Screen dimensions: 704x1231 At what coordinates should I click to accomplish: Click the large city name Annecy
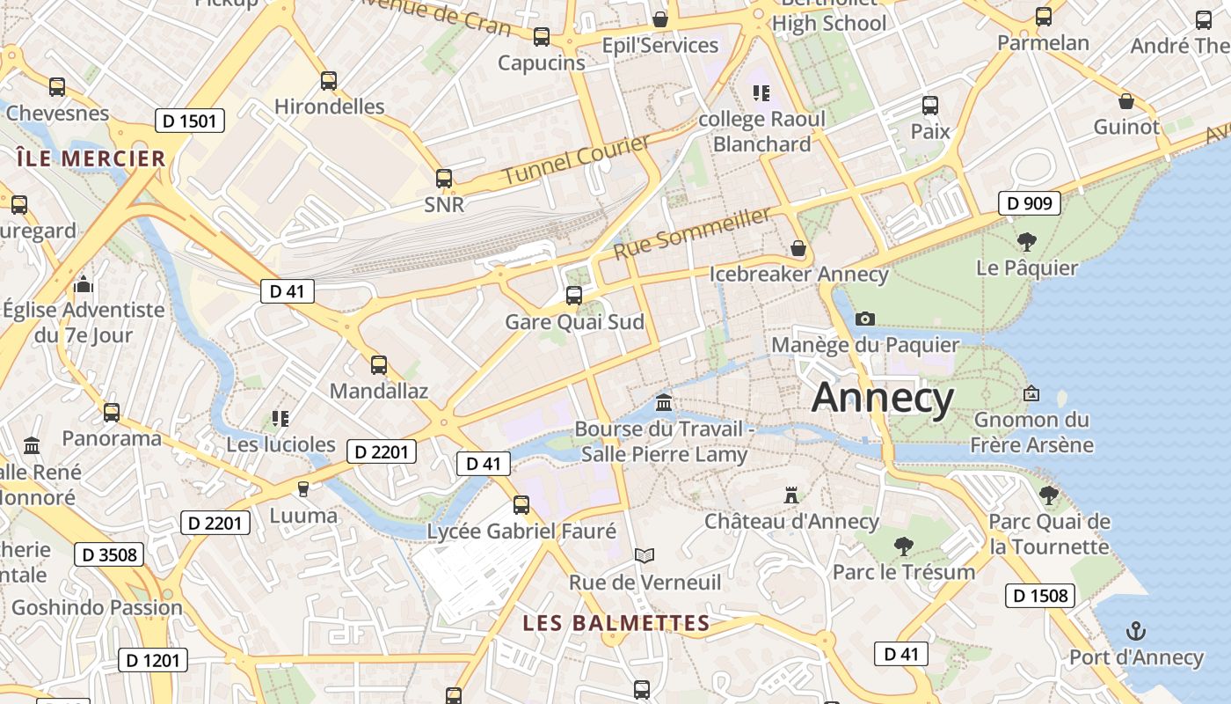[x=882, y=398]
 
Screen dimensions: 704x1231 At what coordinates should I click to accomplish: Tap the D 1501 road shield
[x=190, y=121]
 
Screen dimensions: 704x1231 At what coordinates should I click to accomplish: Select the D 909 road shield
[x=1030, y=203]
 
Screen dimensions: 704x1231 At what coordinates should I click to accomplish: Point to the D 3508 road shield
[x=109, y=554]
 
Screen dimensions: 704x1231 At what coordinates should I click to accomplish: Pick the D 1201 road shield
[x=153, y=660]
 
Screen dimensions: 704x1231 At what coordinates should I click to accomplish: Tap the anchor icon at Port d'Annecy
[x=1136, y=631]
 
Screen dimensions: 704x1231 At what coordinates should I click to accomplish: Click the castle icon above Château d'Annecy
[x=791, y=495]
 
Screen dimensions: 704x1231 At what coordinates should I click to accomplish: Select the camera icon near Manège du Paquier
[x=865, y=319]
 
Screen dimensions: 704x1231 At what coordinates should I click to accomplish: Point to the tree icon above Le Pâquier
[x=1026, y=241]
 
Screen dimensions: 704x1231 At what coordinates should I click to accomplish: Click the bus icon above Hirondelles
[x=329, y=81]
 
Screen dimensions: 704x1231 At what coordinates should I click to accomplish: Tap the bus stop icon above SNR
[x=444, y=179]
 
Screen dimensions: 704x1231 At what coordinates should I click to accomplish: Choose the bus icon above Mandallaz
[x=379, y=365]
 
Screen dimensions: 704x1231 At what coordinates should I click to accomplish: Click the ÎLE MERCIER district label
[x=91, y=159]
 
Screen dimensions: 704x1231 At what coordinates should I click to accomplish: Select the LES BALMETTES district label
[x=615, y=623]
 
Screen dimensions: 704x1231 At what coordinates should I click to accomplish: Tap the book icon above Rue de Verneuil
[x=645, y=555]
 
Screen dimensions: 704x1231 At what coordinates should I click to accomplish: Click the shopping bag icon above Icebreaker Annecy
[x=798, y=249]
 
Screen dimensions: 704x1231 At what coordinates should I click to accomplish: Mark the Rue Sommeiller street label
[x=693, y=232]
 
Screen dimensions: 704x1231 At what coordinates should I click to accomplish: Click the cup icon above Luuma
[x=303, y=488]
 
